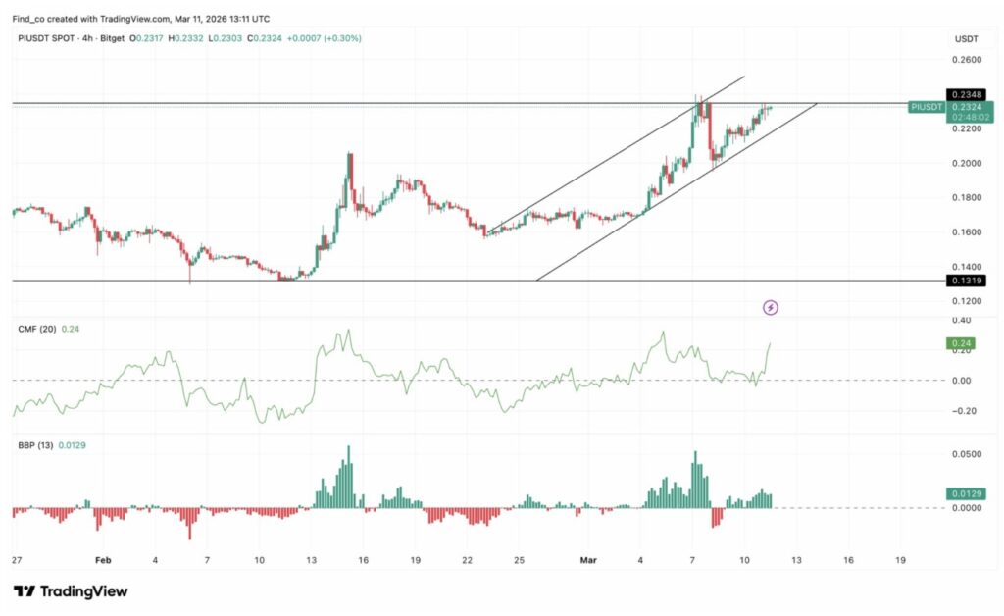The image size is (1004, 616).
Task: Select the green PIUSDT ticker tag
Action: tap(926, 107)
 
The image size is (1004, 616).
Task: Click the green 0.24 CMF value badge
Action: tap(960, 343)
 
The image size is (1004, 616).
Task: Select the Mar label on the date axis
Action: tap(588, 561)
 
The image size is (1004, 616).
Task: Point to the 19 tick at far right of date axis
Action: tap(900, 561)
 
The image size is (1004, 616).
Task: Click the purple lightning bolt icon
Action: tap(771, 308)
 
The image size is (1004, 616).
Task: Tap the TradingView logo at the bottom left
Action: tap(71, 591)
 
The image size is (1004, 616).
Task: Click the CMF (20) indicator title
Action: tap(35, 329)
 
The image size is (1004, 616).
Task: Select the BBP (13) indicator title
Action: tap(35, 446)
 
